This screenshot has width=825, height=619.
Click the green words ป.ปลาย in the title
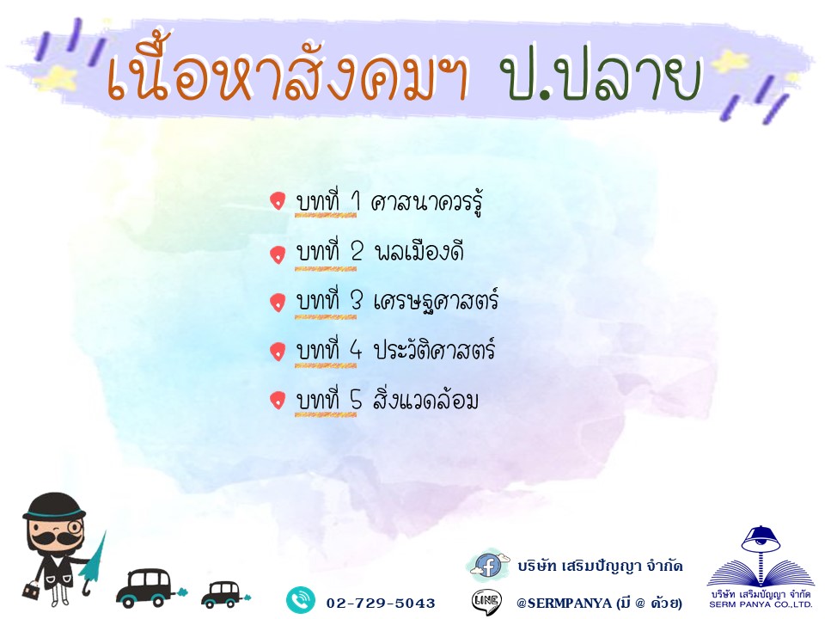click(x=602, y=78)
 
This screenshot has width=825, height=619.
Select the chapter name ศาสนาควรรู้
click(x=427, y=203)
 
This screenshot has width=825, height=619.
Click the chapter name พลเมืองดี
click(x=419, y=252)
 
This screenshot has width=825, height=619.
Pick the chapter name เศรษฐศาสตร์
click(x=436, y=302)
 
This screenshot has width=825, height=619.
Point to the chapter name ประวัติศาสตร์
click(x=434, y=350)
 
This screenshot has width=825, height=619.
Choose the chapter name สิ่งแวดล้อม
click(x=425, y=399)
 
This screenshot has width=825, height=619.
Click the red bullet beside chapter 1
click(x=278, y=201)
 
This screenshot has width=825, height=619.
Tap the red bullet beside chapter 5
click(x=278, y=400)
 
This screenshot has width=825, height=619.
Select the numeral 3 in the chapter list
click(x=357, y=301)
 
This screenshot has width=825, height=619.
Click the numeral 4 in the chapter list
click(x=356, y=350)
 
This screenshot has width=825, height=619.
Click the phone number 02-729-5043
click(x=381, y=604)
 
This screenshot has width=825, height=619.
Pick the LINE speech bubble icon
click(x=486, y=602)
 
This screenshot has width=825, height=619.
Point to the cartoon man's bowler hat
click(x=53, y=506)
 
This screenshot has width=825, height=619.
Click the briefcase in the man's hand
click(x=31, y=591)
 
